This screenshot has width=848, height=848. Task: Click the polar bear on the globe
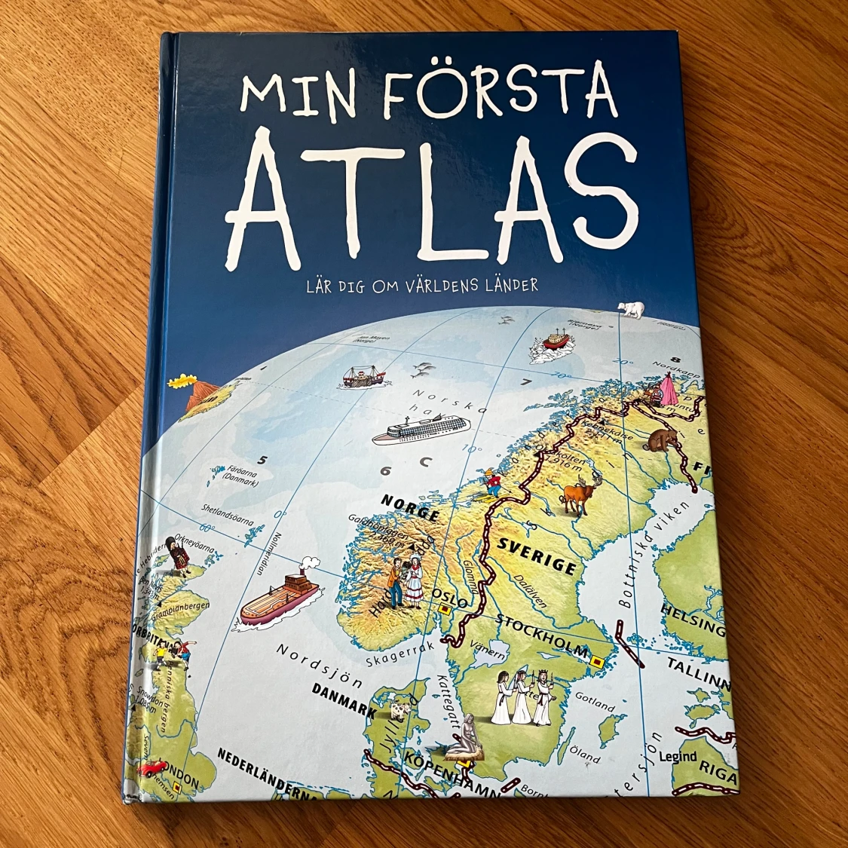[631, 308]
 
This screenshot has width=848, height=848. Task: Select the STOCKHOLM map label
[543, 638]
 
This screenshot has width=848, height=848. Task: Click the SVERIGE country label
[536, 556]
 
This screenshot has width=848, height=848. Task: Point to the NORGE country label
[410, 507]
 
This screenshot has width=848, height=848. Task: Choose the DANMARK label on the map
[344, 700]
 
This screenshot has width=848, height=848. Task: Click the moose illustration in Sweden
[579, 493]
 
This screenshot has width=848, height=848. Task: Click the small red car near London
[152, 768]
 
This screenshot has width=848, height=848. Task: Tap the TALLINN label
[698, 673]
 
